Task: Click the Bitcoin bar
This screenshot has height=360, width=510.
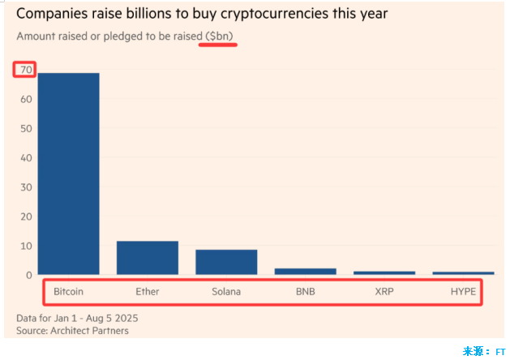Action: pyautogui.click(x=68, y=174)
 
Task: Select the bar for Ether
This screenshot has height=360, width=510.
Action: pyautogui.click(x=148, y=258)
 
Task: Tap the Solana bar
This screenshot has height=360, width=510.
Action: pyautogui.click(x=226, y=262)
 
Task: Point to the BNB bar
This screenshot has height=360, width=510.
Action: pyautogui.click(x=305, y=271)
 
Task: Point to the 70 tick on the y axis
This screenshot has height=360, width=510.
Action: pyautogui.click(x=27, y=71)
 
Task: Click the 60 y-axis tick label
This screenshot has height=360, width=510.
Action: pyautogui.click(x=27, y=100)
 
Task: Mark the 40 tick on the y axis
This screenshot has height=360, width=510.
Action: pyautogui.click(x=27, y=158)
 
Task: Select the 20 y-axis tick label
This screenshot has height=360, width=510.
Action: pyautogui.click(x=27, y=216)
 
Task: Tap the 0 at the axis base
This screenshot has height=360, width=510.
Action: pyautogui.click(x=29, y=276)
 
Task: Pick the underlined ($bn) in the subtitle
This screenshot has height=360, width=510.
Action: pyautogui.click(x=218, y=37)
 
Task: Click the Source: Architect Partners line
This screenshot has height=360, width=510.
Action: pyautogui.click(x=72, y=330)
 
